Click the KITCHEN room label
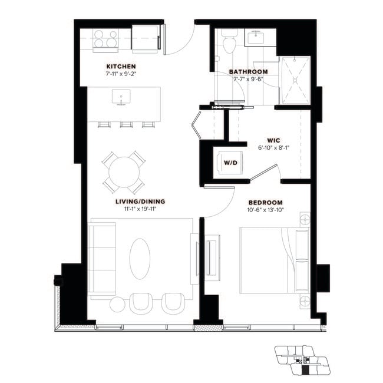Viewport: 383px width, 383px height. point(121,67)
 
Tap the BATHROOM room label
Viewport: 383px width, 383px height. point(248,72)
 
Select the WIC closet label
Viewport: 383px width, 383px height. point(272,141)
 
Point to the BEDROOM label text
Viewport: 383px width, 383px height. point(270,201)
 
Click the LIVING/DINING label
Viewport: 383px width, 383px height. point(140,201)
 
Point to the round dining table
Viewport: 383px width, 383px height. point(124,172)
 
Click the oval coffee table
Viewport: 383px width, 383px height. point(140,258)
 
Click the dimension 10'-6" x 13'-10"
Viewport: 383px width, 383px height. point(269,209)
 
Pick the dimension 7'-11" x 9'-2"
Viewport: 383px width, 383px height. point(121,74)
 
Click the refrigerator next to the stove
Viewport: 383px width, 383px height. point(145,38)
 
